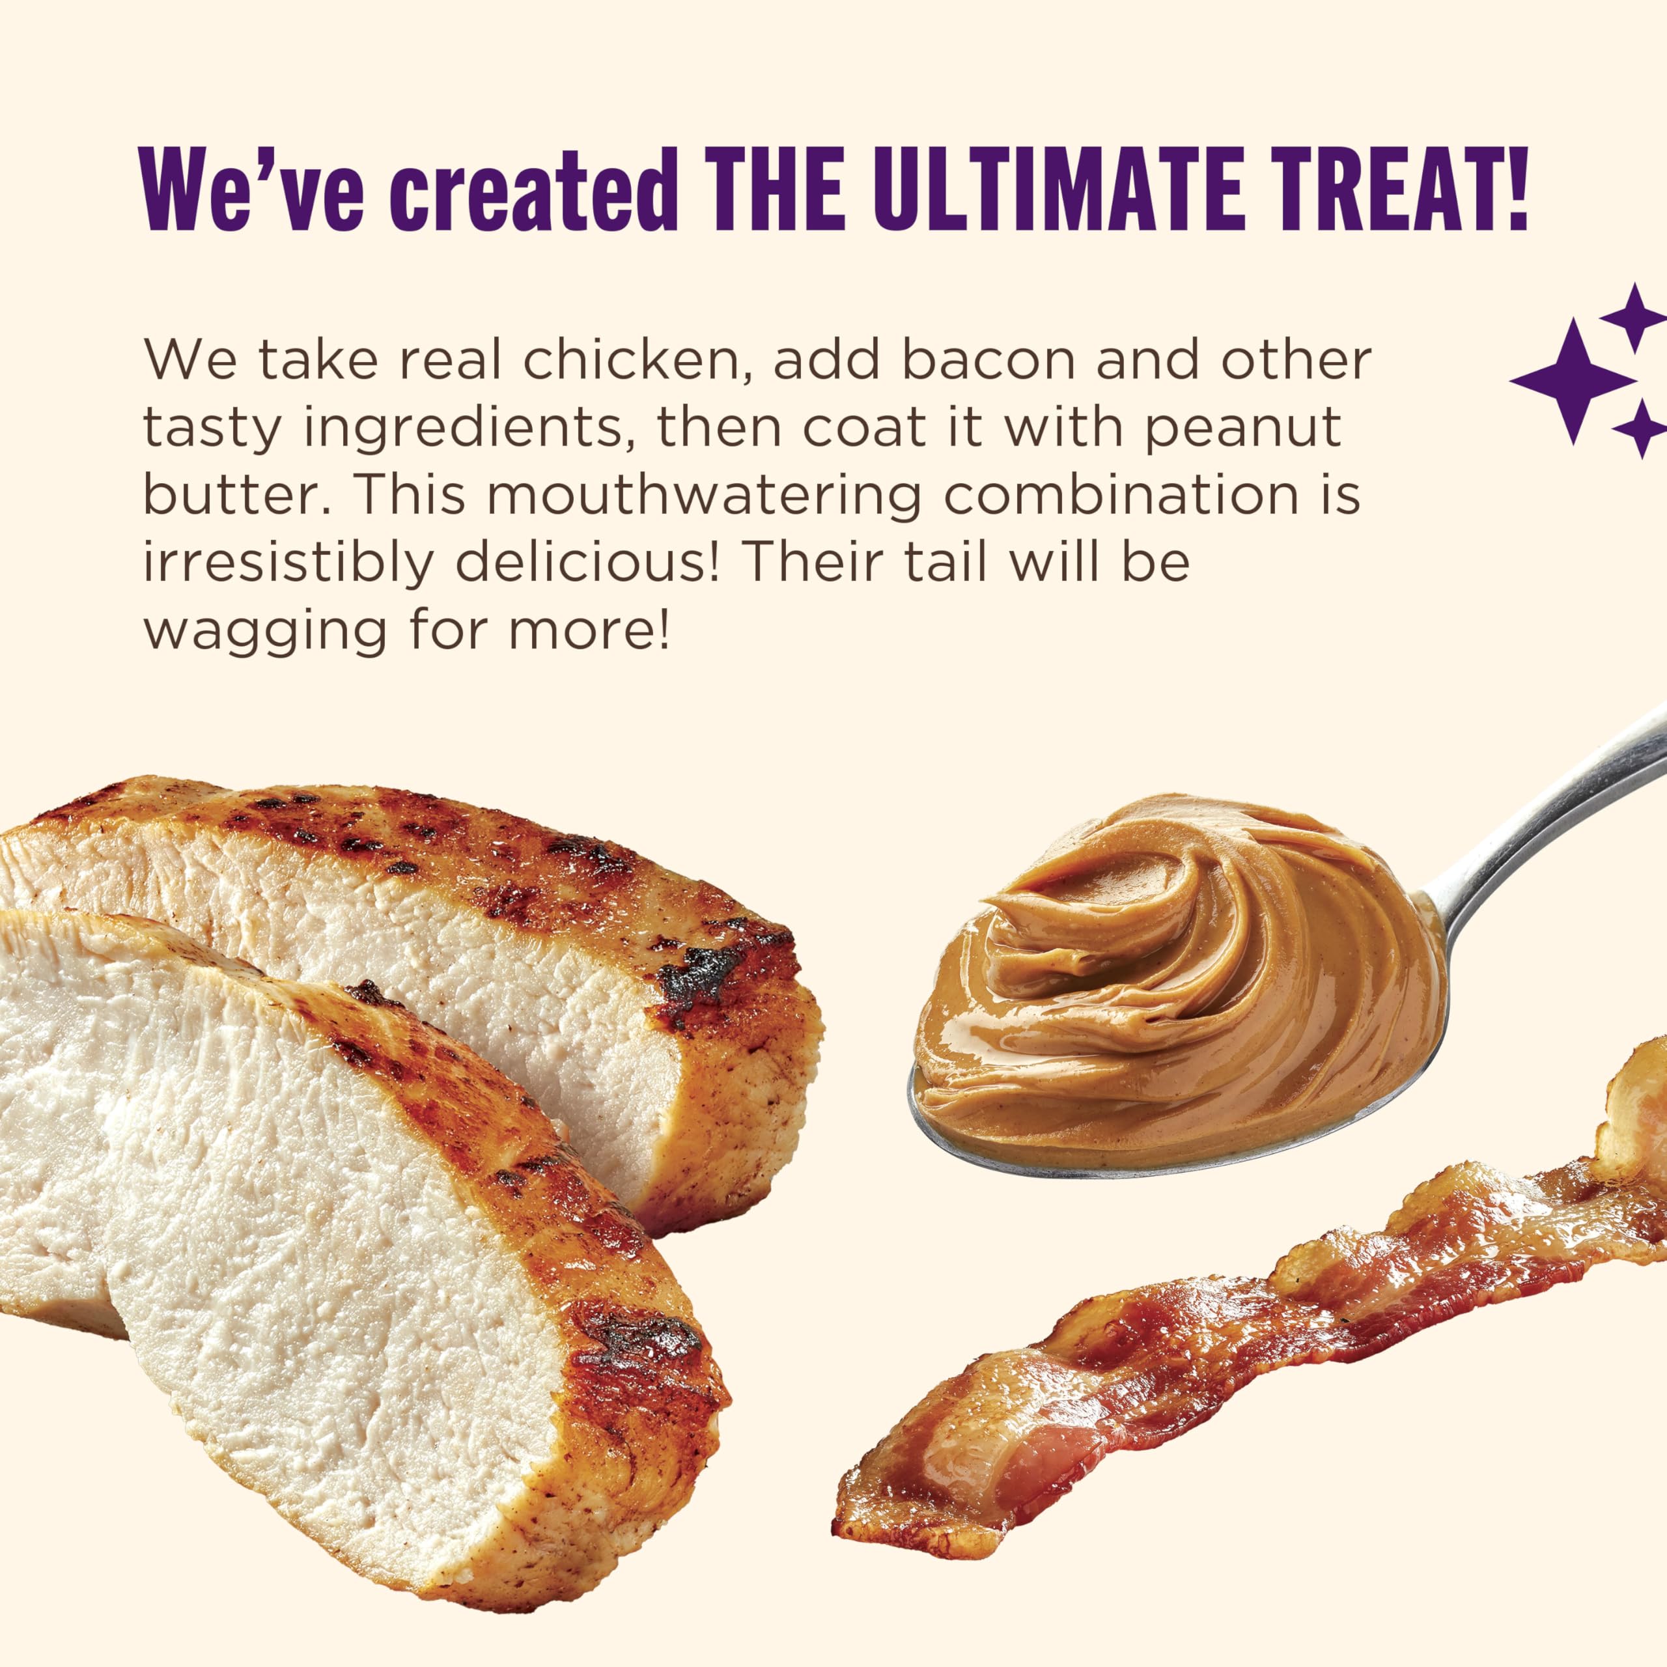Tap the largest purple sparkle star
(x=1572, y=380)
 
